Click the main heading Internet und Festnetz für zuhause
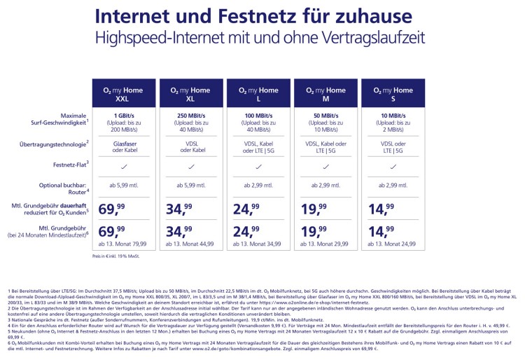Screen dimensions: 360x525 pos(262,15)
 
